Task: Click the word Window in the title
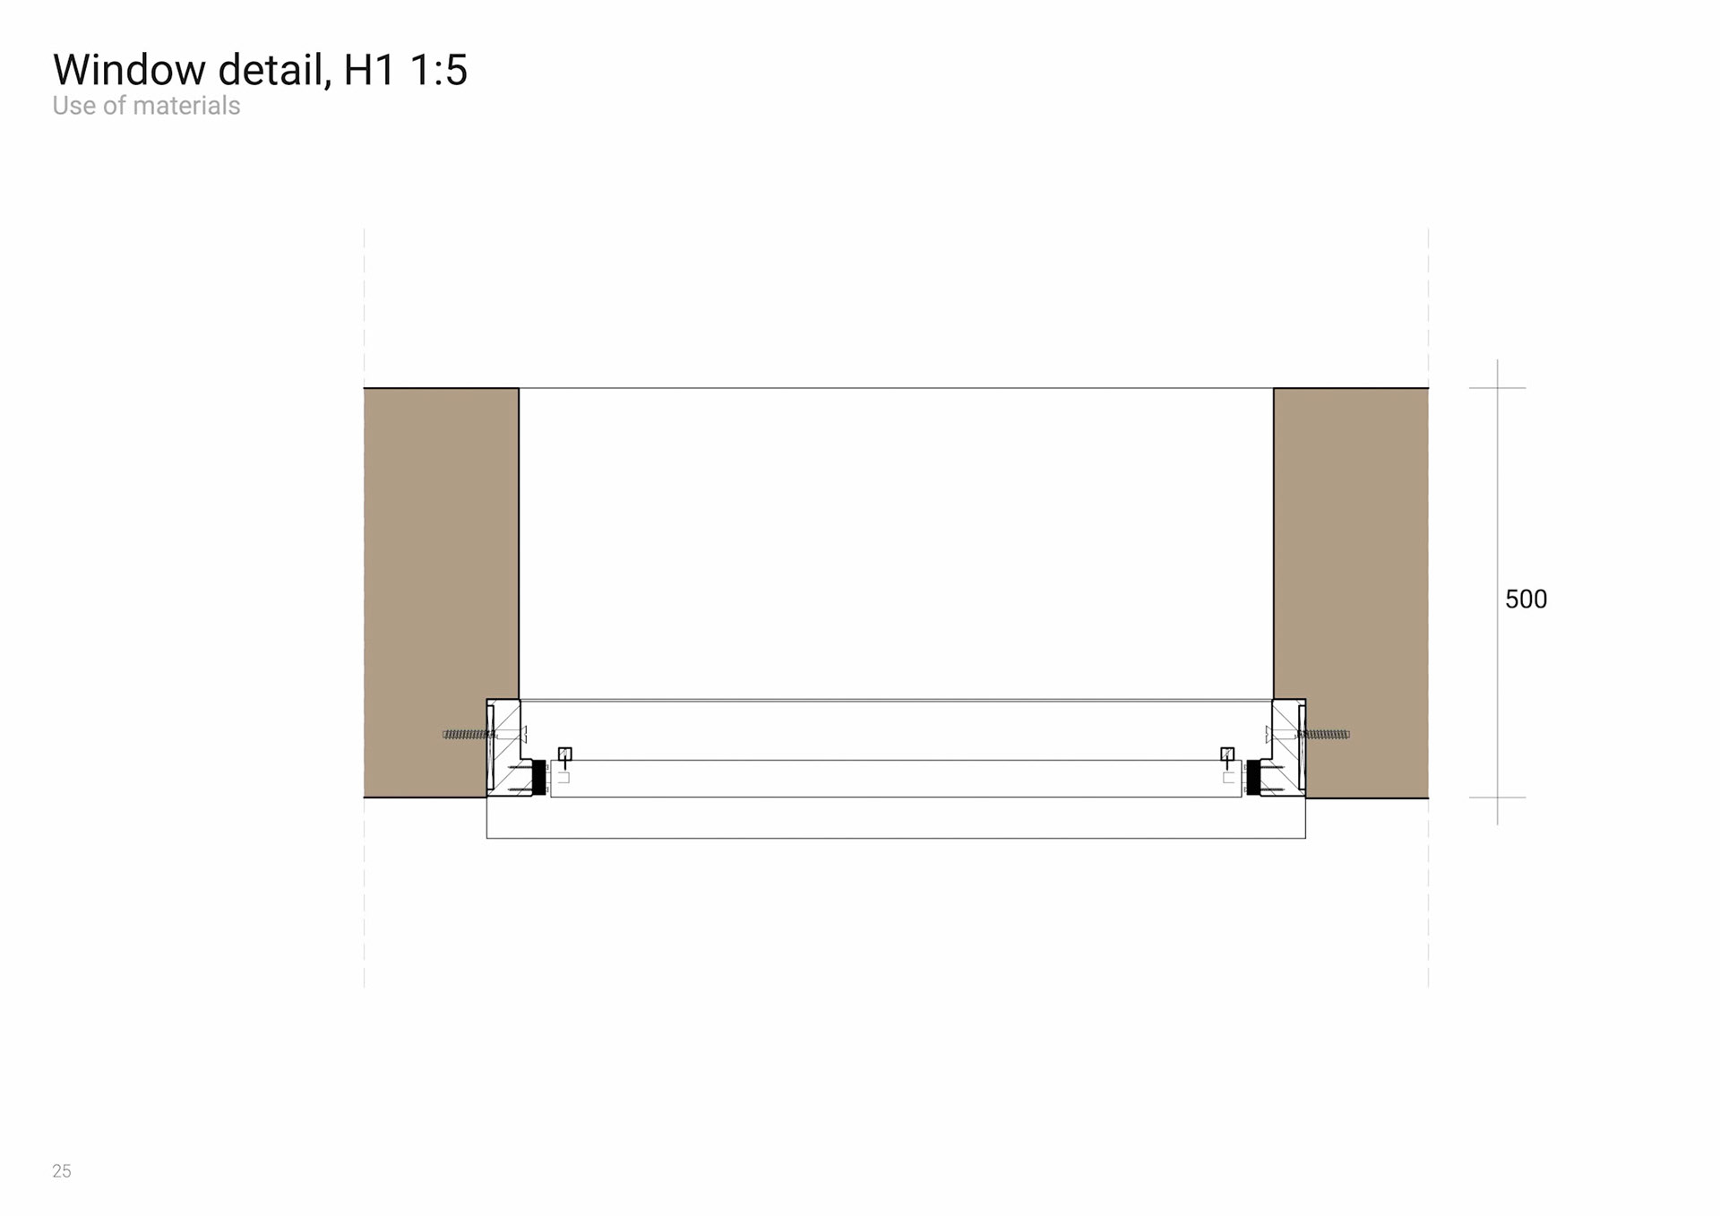point(130,70)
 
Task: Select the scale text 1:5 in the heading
point(438,70)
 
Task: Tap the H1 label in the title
point(369,70)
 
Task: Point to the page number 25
point(62,1171)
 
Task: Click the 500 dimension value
point(1526,599)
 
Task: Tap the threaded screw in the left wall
point(468,735)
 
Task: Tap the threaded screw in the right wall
point(1324,735)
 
